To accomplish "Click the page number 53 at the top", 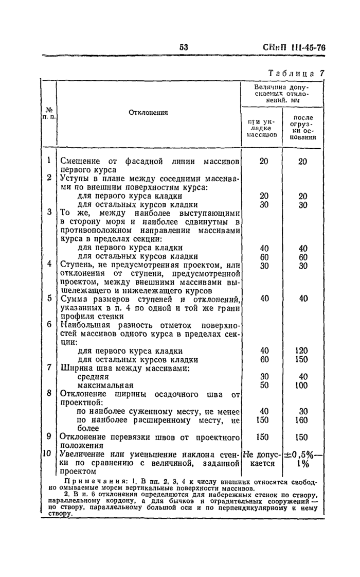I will tap(184, 47).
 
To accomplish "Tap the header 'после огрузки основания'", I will tap(302, 128).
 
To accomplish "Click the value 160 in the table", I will tap(302, 419).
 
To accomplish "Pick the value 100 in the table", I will tap(302, 385).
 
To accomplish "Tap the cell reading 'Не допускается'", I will tap(262, 459).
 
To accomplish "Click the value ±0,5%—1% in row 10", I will tap(303, 459).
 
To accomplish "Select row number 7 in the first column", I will tap(49, 368).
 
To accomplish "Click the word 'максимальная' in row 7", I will tap(105, 386).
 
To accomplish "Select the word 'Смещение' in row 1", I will tap(79, 161).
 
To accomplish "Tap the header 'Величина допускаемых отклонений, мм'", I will tap(282, 94).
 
